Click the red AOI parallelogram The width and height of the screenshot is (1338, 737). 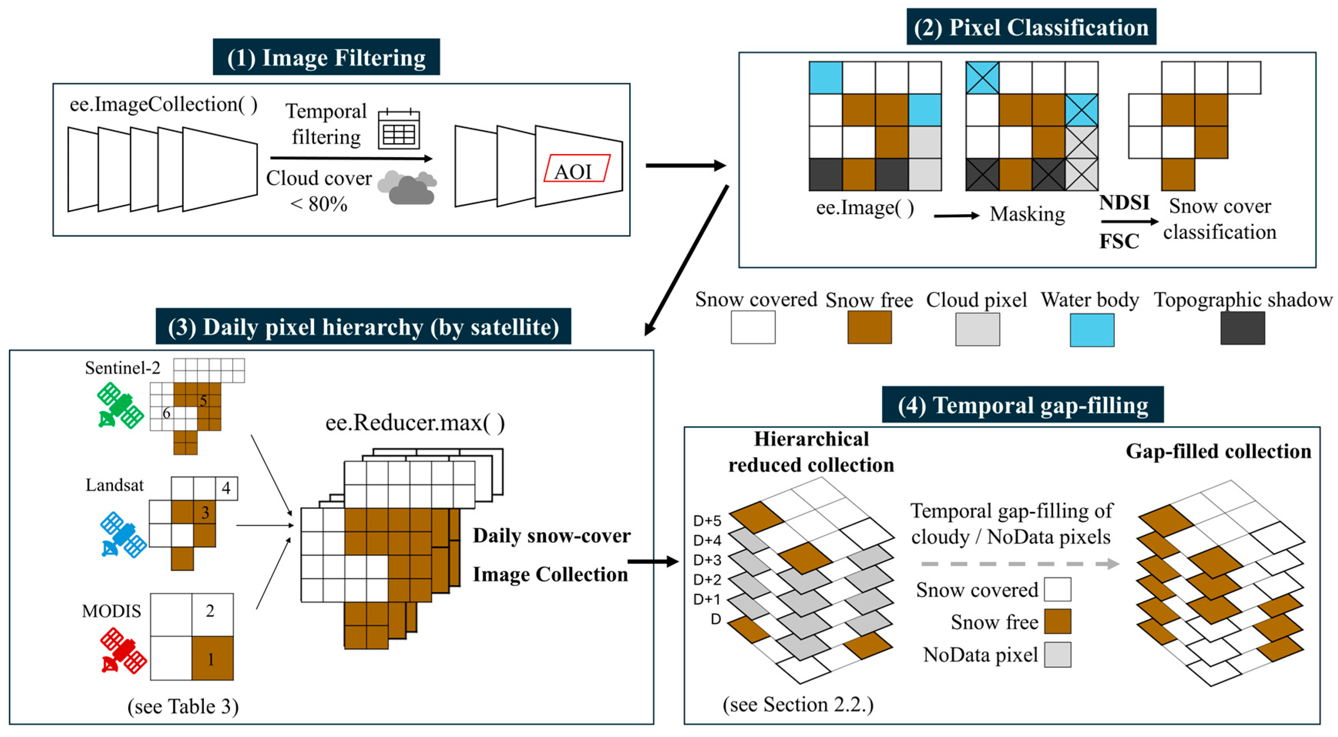point(577,169)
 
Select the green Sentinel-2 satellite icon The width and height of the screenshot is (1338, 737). point(121,406)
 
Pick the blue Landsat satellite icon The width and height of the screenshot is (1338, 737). point(124,535)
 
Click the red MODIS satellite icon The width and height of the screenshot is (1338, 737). point(124,651)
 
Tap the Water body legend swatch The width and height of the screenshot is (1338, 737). point(1092,330)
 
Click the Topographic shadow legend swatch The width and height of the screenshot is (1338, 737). point(1242,328)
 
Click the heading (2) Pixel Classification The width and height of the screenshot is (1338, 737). point(1031,27)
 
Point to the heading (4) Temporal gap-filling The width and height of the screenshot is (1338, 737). point(1022,406)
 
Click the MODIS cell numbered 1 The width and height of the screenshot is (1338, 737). point(212,658)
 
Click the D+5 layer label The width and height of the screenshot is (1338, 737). point(707,521)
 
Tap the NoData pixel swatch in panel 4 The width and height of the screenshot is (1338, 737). point(1058,655)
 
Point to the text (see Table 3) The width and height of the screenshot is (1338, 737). point(183,706)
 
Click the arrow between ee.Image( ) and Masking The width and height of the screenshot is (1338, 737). point(956,215)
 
